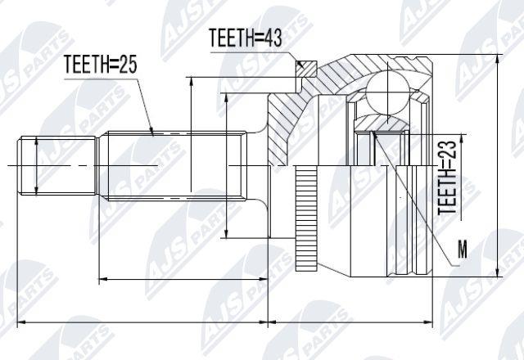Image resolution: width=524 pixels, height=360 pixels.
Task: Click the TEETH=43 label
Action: click(246, 38)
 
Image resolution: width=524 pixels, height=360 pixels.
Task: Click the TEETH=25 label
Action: click(100, 64)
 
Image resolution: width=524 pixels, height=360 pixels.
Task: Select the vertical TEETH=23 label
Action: click(447, 177)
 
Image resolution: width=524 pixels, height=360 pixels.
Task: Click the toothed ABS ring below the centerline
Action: click(306, 218)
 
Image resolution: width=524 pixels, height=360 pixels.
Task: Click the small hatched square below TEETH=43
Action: click(305, 69)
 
